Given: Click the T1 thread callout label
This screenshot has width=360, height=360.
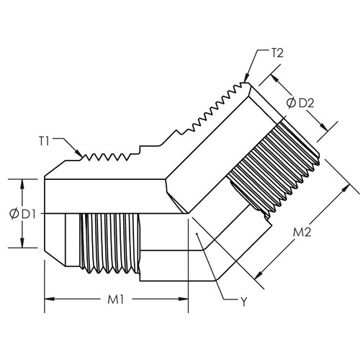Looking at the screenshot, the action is (x=44, y=141).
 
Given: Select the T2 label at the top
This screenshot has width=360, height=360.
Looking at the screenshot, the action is (x=277, y=53).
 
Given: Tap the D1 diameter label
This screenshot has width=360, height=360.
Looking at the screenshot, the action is (x=29, y=214).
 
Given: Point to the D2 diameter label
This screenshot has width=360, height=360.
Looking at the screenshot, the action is (x=307, y=103).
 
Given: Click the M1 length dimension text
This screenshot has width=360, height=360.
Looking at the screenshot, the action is (x=115, y=300).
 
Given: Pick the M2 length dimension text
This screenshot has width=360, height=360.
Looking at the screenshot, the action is (x=302, y=232).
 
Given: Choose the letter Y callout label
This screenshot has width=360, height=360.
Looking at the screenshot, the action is (x=244, y=302).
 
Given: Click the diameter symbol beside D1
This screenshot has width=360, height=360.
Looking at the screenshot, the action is (x=14, y=214).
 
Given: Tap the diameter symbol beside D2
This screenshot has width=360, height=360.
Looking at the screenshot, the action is (x=292, y=103).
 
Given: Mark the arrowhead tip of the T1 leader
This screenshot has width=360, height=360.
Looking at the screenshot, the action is (x=82, y=157).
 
